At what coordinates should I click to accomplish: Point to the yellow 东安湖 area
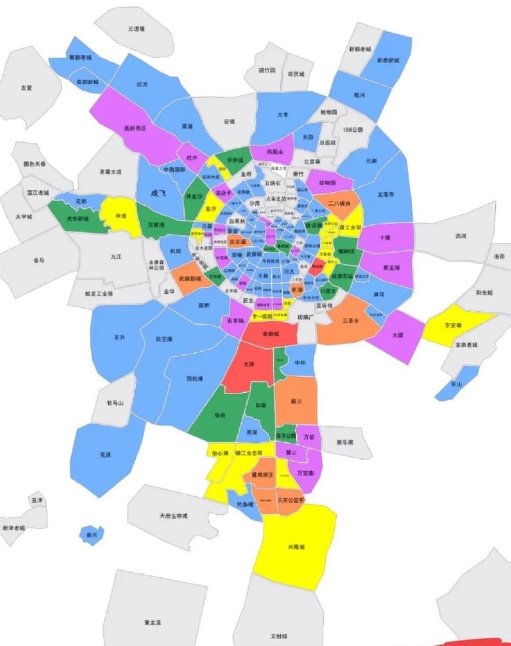pyautogui.click(x=452, y=326)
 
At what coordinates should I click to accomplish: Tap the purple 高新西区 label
pyautogui.click(x=135, y=129)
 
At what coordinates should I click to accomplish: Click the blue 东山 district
pyautogui.click(x=456, y=384)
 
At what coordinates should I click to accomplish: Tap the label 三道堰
pyautogui.click(x=136, y=29)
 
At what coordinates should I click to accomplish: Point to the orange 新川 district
pyautogui.click(x=297, y=402)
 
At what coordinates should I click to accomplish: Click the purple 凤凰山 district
pyautogui.click(x=274, y=151)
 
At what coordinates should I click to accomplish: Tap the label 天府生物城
pyautogui.click(x=173, y=516)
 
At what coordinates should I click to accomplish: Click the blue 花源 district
pyautogui.click(x=104, y=455)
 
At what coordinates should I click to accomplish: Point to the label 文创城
pyautogui.click(x=278, y=636)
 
